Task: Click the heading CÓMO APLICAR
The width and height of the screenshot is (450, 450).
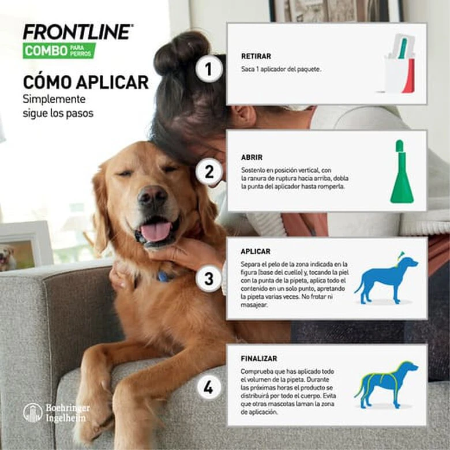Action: (x=85, y=82)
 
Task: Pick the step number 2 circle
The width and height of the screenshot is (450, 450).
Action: (x=208, y=171)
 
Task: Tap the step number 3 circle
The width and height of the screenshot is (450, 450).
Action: (x=208, y=279)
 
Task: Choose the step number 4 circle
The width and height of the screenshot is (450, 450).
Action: (x=208, y=387)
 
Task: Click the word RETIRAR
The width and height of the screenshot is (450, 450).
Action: (x=256, y=57)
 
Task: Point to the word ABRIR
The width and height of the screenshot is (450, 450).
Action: (x=252, y=157)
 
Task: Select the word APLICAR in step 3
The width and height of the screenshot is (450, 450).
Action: (x=256, y=252)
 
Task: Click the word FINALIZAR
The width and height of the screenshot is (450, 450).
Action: (x=259, y=358)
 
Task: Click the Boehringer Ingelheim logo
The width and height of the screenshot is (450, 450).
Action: (x=57, y=412)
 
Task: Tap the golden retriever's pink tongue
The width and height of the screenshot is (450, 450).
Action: (x=156, y=232)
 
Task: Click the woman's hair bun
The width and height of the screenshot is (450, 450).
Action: (x=181, y=53)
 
